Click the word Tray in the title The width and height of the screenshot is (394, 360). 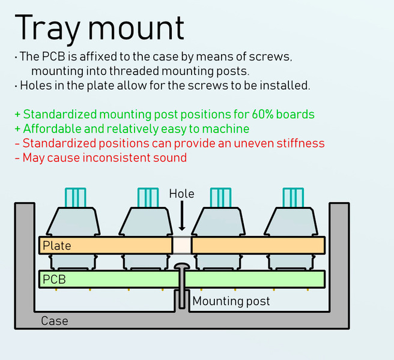(x=47, y=29)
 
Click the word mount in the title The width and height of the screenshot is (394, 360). (x=136, y=28)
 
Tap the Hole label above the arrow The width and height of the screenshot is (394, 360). (x=181, y=194)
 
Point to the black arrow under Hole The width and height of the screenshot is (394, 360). (x=182, y=215)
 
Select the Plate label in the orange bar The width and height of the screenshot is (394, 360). (x=57, y=245)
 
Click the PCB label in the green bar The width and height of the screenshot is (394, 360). (x=54, y=280)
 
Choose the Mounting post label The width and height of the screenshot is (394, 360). (x=231, y=301)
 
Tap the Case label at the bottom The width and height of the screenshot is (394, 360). (x=55, y=321)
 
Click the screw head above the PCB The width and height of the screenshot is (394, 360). (x=182, y=266)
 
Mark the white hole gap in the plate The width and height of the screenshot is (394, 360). (x=182, y=245)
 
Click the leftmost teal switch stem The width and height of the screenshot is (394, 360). (x=76, y=197)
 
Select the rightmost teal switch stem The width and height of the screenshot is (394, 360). (x=293, y=197)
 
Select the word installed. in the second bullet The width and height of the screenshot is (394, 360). (x=285, y=86)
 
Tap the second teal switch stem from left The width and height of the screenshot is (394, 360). (x=148, y=197)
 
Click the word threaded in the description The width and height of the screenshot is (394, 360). (x=134, y=71)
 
